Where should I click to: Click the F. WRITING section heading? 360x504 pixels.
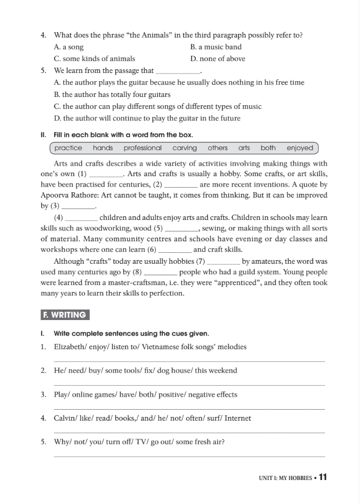[65, 315]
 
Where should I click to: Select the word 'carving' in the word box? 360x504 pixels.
[184, 148]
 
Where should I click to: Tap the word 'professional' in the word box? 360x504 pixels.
[143, 148]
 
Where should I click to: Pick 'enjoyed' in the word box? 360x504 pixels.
[300, 148]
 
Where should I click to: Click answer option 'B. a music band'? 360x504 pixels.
[216, 47]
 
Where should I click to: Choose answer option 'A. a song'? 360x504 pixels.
[69, 47]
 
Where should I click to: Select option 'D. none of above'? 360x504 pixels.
[218, 59]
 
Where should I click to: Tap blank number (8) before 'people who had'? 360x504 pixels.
[160, 272]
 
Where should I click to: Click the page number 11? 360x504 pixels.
[322, 477]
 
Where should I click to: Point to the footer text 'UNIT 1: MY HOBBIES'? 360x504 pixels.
[285, 478]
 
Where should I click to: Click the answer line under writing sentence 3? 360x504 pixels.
[189, 409]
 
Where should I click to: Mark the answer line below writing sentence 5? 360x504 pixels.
[189, 457]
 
